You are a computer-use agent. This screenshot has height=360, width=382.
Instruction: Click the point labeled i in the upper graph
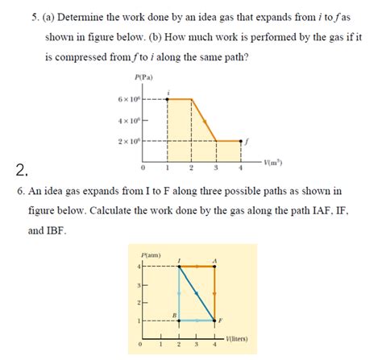pos(167,99)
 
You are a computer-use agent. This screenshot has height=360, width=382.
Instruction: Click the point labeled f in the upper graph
pos(241,141)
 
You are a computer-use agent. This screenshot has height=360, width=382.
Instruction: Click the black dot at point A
pos(214,266)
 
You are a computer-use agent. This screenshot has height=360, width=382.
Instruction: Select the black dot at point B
pos(178,321)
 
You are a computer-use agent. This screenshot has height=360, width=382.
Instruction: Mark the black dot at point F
pos(214,321)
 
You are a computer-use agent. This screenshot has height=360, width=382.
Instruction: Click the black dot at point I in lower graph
pos(178,266)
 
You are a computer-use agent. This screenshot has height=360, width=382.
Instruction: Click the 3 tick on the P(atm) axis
pos(139,285)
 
